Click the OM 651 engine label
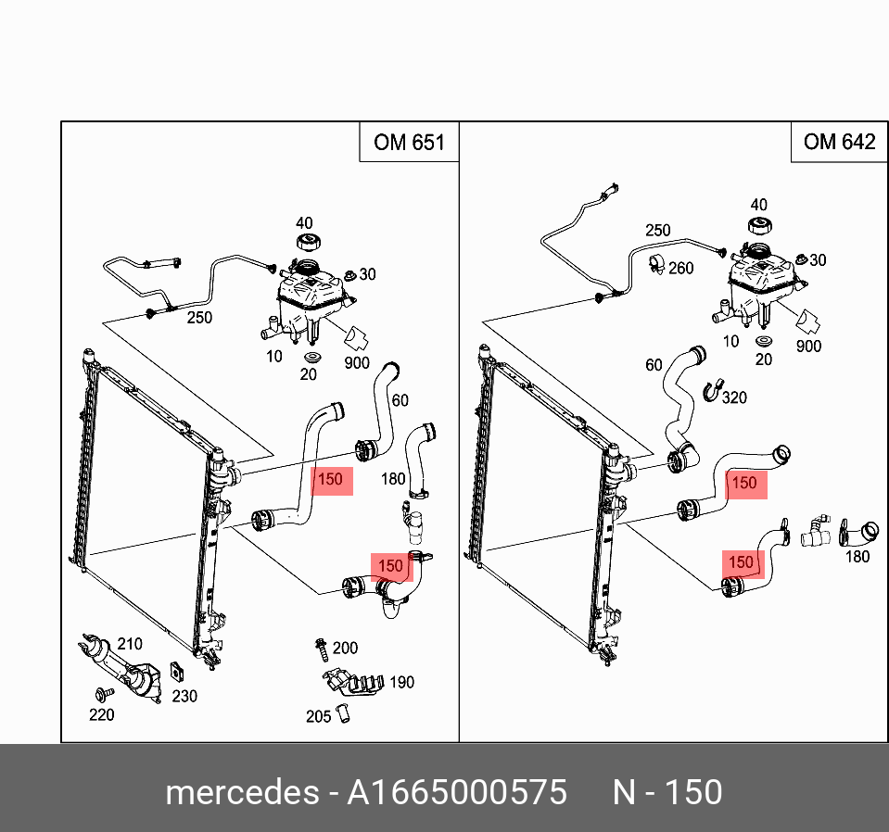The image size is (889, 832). tap(409, 143)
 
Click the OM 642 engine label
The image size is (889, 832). tap(839, 142)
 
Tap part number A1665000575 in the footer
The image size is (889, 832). tap(457, 792)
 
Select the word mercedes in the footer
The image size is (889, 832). tap(242, 792)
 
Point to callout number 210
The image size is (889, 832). tap(130, 644)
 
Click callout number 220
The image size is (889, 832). tap(101, 715)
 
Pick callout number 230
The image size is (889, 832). tap(184, 696)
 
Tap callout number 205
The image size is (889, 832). tap(318, 717)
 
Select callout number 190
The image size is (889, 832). tap(402, 683)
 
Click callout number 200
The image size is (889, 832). tap(345, 648)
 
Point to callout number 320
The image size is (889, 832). tap(734, 397)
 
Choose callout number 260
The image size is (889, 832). tap(681, 268)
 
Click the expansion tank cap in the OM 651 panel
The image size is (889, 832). tap(308, 240)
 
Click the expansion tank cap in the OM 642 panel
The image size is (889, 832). tap(760, 225)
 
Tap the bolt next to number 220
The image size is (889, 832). tap(105, 693)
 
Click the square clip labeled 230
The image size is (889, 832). tap(177, 672)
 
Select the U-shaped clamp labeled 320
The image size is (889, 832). tap(713, 390)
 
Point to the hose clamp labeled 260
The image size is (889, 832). tap(657, 264)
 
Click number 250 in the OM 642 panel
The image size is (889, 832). tap(657, 231)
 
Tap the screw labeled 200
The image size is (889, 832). tap(322, 649)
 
